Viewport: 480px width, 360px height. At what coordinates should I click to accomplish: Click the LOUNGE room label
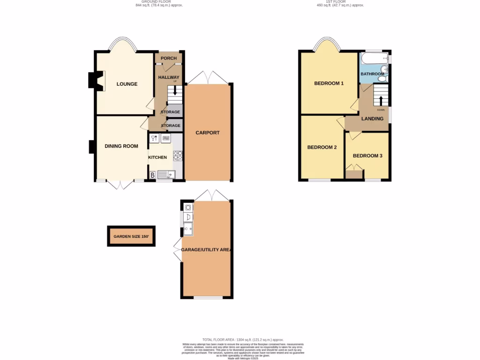coord(127,84)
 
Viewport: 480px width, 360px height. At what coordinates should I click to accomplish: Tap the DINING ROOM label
coord(121,146)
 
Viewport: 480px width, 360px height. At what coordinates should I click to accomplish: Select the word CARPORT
coord(208,133)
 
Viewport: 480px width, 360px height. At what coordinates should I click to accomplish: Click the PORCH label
coord(169,59)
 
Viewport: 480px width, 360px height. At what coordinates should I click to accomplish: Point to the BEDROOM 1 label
coord(329,83)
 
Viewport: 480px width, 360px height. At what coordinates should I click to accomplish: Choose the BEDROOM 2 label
coord(322,147)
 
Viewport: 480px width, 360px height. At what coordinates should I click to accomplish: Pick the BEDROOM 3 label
coord(367,156)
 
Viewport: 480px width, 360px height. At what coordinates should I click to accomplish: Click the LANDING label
coord(373,119)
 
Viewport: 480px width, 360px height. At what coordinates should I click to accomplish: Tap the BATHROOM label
coord(372,74)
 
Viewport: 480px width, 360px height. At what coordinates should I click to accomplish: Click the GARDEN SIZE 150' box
coord(131,236)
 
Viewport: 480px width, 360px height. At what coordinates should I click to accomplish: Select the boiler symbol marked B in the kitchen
coord(152,175)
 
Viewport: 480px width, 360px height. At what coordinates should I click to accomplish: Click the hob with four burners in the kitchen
coord(178,156)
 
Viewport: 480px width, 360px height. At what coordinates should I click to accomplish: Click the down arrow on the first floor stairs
coord(381,101)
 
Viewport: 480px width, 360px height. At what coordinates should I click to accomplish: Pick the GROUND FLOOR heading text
coord(159,2)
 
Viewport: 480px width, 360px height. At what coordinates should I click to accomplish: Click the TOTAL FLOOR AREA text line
coord(243,339)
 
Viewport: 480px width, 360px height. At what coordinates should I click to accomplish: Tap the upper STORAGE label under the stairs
coord(171,112)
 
